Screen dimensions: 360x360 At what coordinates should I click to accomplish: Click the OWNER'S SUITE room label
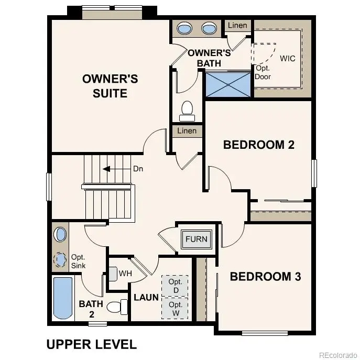tap(110, 86)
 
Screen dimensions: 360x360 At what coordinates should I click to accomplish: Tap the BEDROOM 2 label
tap(258, 145)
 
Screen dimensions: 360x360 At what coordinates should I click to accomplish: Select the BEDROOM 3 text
tap(265, 276)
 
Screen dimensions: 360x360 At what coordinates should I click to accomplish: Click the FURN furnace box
tap(197, 239)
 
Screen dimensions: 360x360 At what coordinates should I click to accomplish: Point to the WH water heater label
tap(125, 274)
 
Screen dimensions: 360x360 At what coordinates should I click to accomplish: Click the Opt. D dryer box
tap(175, 286)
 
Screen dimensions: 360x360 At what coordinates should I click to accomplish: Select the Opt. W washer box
tap(175, 309)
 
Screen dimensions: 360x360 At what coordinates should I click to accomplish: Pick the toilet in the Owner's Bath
tap(187, 109)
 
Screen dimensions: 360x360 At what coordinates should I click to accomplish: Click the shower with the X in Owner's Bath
tap(228, 84)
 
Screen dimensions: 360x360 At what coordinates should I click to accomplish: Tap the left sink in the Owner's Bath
tap(185, 28)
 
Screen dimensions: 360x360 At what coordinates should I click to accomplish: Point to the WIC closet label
tap(288, 58)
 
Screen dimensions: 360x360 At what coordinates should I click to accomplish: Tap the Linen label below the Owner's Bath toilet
tap(187, 131)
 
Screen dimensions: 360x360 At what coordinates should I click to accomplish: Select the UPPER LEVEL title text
tap(92, 344)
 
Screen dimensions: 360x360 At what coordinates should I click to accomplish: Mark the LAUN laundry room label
tap(146, 297)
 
